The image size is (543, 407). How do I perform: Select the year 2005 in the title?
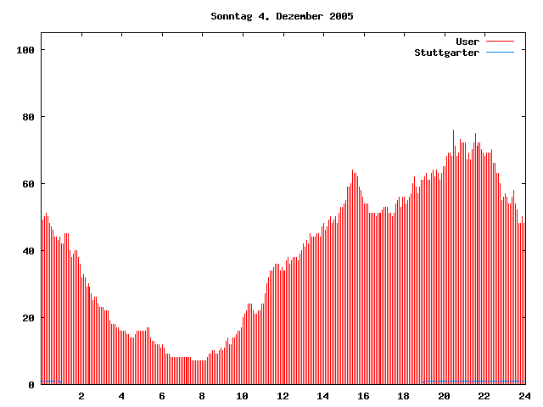(x=340, y=16)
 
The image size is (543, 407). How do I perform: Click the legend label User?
(x=467, y=42)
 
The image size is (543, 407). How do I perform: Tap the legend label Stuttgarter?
(x=447, y=53)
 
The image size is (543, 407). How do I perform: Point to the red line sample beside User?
(x=500, y=42)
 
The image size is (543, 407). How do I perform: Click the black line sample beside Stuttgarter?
(x=500, y=53)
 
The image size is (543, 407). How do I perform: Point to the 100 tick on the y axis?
(x=25, y=50)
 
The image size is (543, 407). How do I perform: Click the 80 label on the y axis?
(x=28, y=117)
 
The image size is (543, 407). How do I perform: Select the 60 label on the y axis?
(x=28, y=184)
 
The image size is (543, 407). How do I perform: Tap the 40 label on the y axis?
(x=28, y=251)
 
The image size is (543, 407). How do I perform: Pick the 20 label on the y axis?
(x=28, y=318)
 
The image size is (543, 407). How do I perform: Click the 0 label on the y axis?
(x=31, y=385)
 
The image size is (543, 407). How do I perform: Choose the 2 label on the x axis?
(x=81, y=396)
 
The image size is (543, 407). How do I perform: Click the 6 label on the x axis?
(x=162, y=396)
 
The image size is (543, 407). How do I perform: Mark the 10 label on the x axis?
(x=243, y=396)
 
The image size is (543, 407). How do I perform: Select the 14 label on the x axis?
(x=323, y=396)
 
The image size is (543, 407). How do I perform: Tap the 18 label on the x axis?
(x=404, y=396)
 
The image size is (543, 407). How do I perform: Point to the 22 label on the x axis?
(x=484, y=396)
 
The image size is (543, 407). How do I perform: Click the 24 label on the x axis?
(x=524, y=396)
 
